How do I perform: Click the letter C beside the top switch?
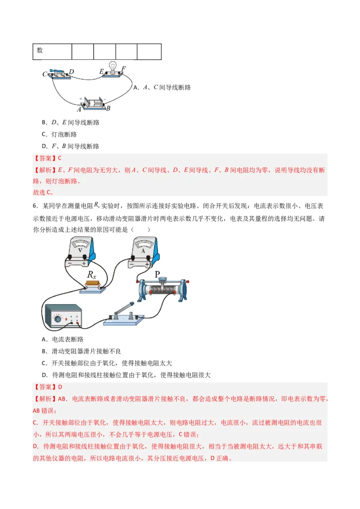(45, 74)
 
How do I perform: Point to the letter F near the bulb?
(124, 68)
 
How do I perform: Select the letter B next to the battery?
(108, 108)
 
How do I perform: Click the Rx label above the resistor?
(92, 275)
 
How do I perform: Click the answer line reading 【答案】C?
(47, 158)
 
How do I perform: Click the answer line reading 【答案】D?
(47, 387)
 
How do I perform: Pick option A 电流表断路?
(62, 339)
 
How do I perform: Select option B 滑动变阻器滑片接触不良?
(81, 351)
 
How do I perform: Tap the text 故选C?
(43, 192)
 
